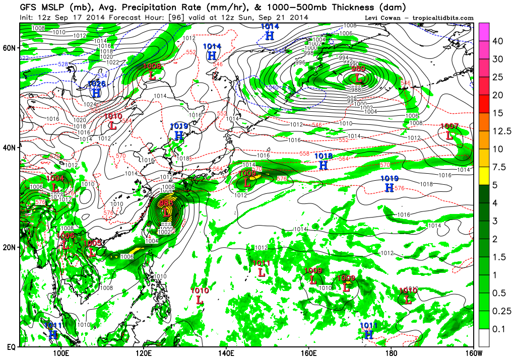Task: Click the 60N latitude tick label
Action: point(10,47)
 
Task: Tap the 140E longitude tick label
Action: point(225,352)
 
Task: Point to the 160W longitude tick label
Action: point(472,352)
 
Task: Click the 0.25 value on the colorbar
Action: point(497,311)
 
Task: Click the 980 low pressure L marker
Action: point(358,79)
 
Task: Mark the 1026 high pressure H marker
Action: point(96,93)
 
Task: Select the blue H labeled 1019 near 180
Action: point(389,188)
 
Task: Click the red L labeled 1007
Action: point(449,135)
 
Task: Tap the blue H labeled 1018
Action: point(324,165)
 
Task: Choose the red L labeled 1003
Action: point(92,253)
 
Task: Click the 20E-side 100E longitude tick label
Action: point(61,352)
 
